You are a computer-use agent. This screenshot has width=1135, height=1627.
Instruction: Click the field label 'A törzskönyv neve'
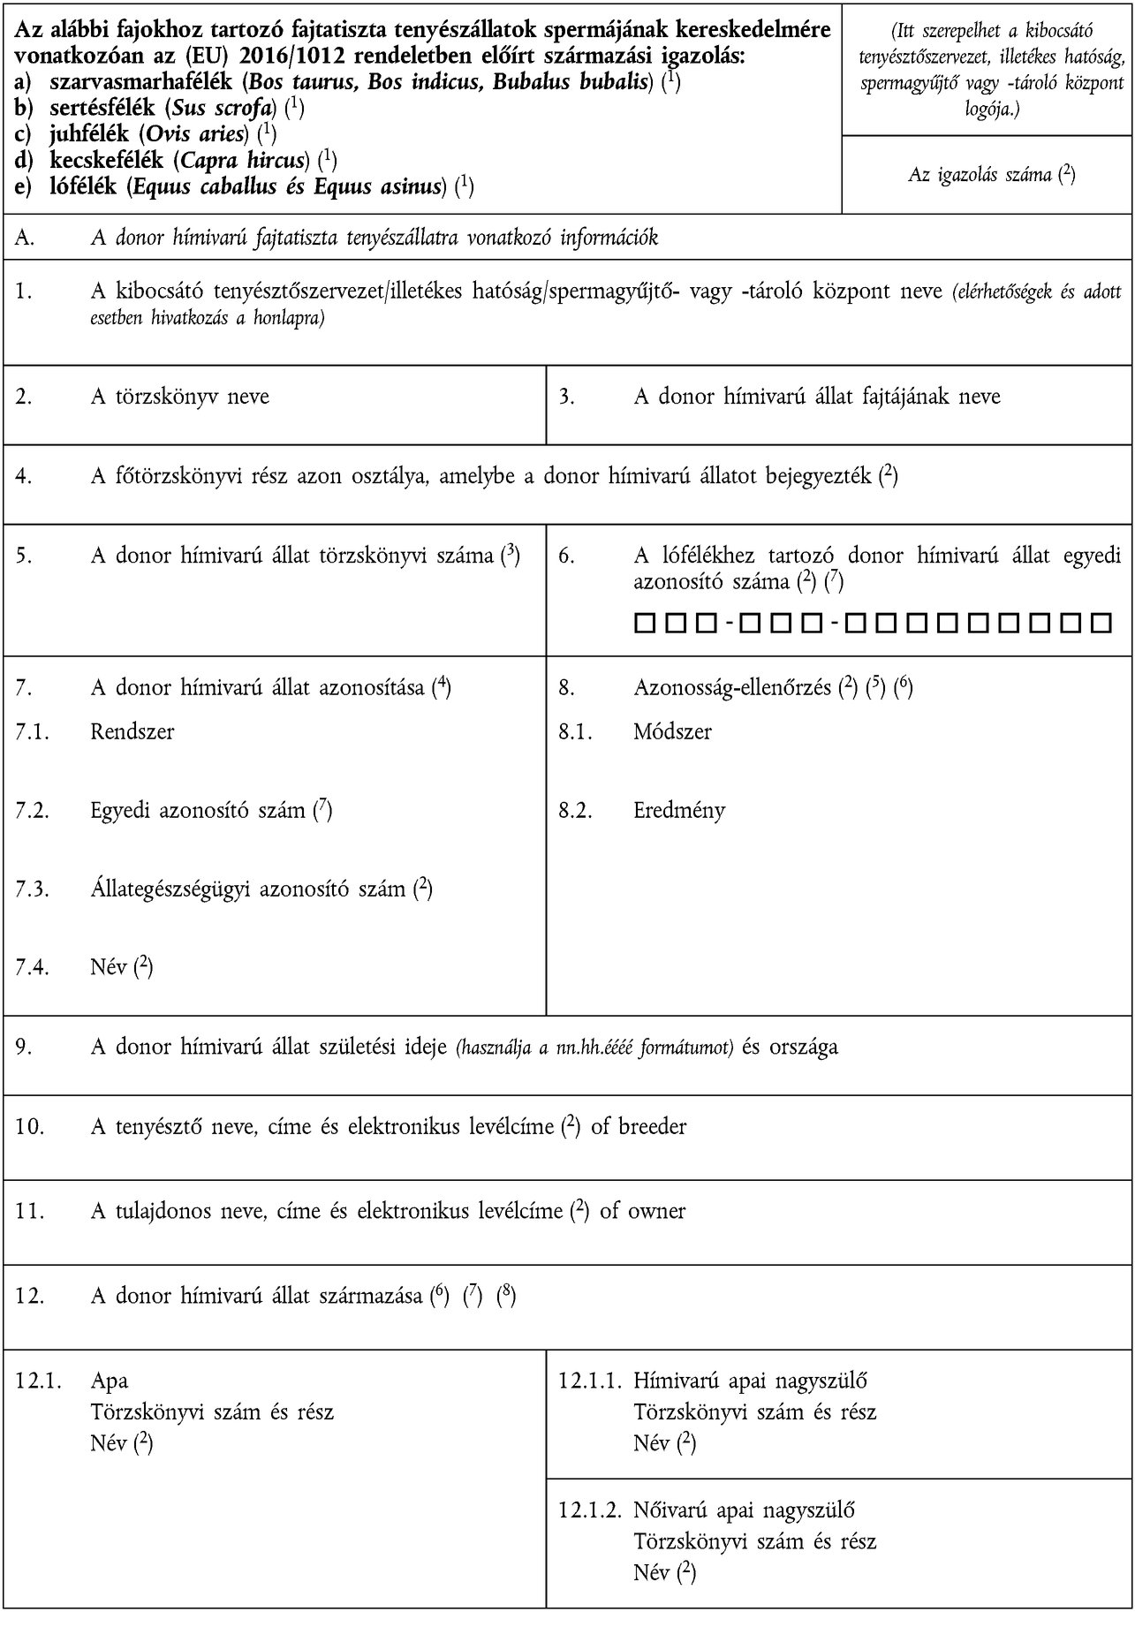point(179,397)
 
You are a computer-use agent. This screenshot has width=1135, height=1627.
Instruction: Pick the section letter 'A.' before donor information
point(25,238)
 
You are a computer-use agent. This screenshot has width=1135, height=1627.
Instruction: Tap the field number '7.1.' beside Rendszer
point(33,731)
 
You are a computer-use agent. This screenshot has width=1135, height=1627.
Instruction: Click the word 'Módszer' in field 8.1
point(672,731)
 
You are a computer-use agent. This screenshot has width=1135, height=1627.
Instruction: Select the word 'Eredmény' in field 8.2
point(679,810)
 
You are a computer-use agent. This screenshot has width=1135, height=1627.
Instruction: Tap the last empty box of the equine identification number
point(1100,624)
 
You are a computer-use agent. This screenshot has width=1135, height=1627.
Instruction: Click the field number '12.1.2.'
point(587,1510)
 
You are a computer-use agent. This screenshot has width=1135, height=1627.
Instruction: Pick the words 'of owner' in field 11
point(642,1210)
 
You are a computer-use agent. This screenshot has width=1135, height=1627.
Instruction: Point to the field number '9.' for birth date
point(23,1047)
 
